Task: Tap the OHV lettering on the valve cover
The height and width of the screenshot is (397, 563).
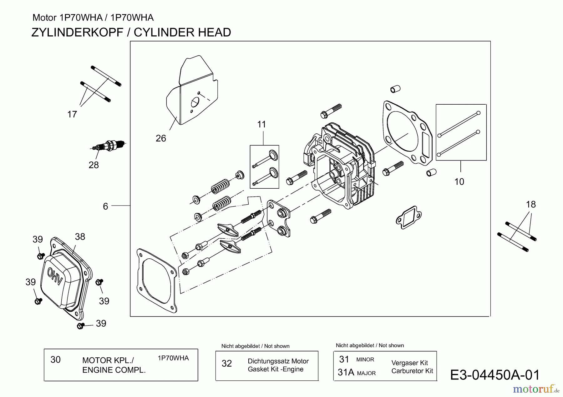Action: pyautogui.click(x=55, y=276)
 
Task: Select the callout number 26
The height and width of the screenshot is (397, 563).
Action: pyautogui.click(x=161, y=138)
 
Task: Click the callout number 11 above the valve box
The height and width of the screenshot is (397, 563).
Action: pyautogui.click(x=261, y=125)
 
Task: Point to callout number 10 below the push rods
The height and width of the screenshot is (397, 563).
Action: pyautogui.click(x=459, y=182)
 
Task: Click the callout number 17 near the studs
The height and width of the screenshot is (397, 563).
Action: pyautogui.click(x=72, y=115)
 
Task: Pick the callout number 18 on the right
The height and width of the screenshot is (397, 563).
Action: pyautogui.click(x=531, y=205)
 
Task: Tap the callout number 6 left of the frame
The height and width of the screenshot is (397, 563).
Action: pyautogui.click(x=105, y=206)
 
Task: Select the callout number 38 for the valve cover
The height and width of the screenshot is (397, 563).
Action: pyautogui.click(x=80, y=237)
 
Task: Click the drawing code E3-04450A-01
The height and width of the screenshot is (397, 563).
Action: pyautogui.click(x=495, y=375)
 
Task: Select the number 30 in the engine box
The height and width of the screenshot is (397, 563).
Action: pyautogui.click(x=55, y=360)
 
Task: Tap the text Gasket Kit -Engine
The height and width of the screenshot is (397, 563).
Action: pyautogui.click(x=276, y=369)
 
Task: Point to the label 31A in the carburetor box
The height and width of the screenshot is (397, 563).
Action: pyautogui.click(x=346, y=372)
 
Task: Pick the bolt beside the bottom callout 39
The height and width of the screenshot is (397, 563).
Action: pyautogui.click(x=80, y=326)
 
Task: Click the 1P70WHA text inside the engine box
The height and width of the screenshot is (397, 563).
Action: pyautogui.click(x=173, y=358)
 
